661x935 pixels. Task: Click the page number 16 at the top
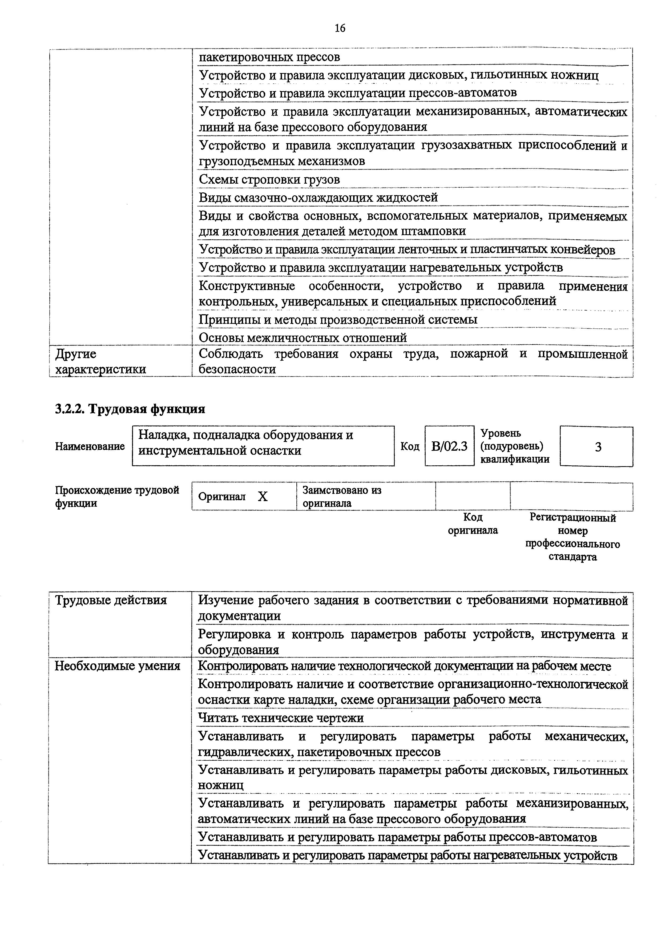[x=340, y=28]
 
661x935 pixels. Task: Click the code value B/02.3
[x=449, y=447]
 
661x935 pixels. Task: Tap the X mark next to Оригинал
[x=263, y=496]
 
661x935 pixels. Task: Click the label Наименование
[x=90, y=446]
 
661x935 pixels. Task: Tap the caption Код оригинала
[x=473, y=524]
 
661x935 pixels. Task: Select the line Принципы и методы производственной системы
[x=338, y=320]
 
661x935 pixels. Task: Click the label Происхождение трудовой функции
[x=117, y=496]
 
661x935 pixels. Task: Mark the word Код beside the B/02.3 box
[x=410, y=447]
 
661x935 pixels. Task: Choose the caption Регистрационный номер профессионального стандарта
[x=573, y=537]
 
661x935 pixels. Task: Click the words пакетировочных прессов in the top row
[x=269, y=57]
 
